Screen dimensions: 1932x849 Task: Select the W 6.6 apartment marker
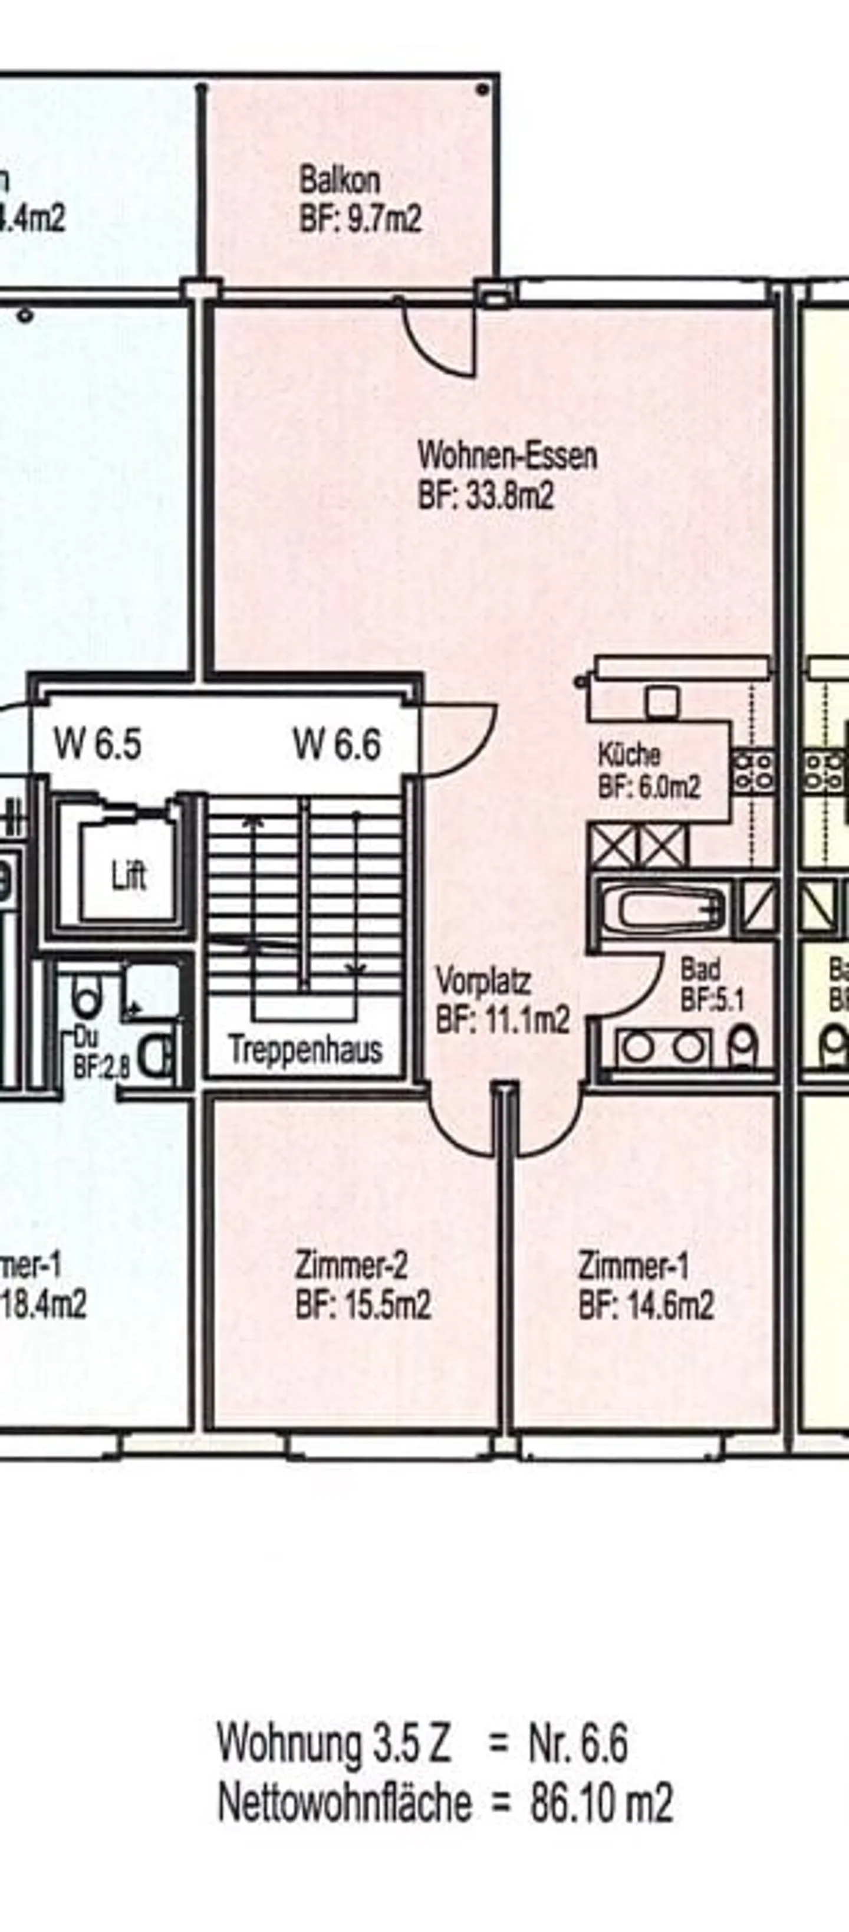[337, 745]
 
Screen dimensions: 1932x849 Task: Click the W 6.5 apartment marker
[97, 745]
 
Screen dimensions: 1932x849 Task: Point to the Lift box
[129, 876]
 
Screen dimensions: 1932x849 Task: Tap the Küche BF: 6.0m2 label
[648, 771]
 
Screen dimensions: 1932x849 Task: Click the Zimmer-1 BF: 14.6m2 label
[645, 1286]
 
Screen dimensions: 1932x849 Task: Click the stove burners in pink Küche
[753, 770]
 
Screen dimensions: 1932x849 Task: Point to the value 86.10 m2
[601, 1804]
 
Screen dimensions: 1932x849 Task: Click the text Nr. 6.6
[578, 1744]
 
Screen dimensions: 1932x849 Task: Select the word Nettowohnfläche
[345, 1804]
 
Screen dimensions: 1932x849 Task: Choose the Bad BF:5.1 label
[710, 984]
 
